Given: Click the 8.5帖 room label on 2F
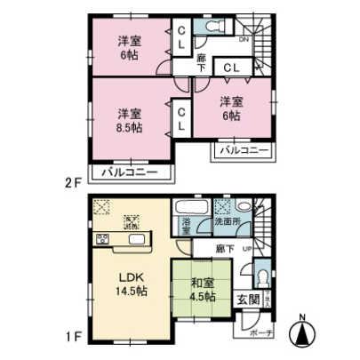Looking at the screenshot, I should pyautogui.click(x=131, y=119).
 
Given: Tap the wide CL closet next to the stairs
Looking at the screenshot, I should pyautogui.click(x=230, y=66).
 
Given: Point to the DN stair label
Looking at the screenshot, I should pyautogui.click(x=243, y=39).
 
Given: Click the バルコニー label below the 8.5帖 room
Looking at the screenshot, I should pyautogui.click(x=129, y=172).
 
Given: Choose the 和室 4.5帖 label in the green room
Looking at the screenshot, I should pyautogui.click(x=202, y=291).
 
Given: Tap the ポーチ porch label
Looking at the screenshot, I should pyautogui.click(x=255, y=331).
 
